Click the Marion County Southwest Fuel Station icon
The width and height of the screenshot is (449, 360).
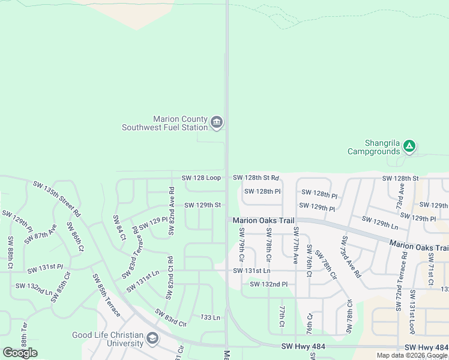tap(217, 123)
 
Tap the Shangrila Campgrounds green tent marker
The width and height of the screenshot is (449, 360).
tap(409, 145)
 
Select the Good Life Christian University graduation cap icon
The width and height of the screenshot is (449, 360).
tap(152, 339)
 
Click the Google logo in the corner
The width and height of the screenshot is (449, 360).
tap(20, 353)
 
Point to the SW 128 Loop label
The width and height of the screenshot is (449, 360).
tap(201, 178)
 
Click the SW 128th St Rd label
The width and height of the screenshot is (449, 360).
tap(256, 178)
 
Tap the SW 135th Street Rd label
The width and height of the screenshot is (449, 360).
tap(56, 198)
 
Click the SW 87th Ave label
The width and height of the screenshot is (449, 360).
tap(41, 234)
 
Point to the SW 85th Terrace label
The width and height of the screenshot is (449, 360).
tap(106, 295)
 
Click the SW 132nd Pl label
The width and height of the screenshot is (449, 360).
tap(269, 284)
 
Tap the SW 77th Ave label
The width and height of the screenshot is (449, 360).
tap(295, 246)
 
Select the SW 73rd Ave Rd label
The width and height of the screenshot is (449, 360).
tap(349, 257)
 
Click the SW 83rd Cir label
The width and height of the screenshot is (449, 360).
tap(170, 317)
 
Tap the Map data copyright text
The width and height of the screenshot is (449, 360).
tap(412, 355)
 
